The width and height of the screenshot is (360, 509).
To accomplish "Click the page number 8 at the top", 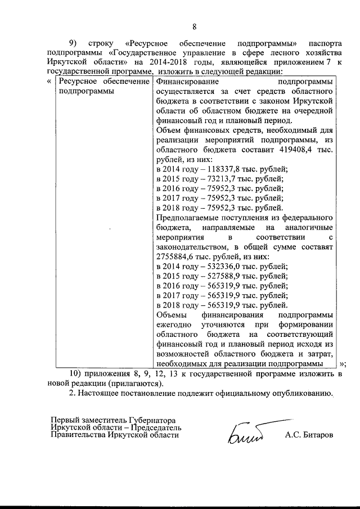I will (x=194, y=26).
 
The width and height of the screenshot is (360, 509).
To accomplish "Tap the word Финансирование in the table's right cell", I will (x=183, y=82).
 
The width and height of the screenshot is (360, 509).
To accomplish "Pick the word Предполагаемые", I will (x=186, y=217).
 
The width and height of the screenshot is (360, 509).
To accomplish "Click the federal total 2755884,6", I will (x=176, y=256).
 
